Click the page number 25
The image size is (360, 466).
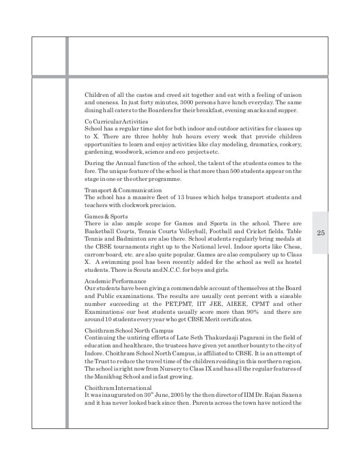point(320,233)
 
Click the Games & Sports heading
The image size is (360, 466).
point(107,216)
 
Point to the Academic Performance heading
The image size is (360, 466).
point(116,281)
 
